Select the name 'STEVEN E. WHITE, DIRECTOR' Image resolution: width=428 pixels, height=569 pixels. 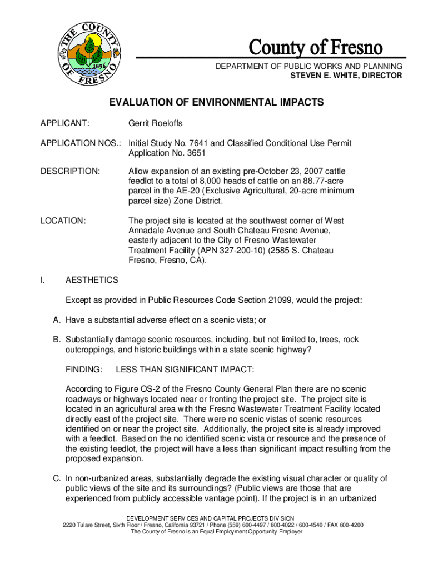point(346,76)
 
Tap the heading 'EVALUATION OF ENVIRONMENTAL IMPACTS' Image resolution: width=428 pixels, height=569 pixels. point(216,103)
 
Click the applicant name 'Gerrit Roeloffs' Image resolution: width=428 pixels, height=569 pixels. point(155,122)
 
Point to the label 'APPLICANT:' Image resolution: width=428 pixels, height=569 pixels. point(65,122)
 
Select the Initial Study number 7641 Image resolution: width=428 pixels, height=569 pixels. point(198,143)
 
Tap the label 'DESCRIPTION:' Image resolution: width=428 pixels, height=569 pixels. point(70,171)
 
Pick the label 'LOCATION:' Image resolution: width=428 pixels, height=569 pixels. point(63,221)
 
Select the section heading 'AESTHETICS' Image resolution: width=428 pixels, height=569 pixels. point(92,280)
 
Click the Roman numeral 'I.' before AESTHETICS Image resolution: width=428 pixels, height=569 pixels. point(42,280)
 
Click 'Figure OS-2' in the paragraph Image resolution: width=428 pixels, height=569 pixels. point(128,389)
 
